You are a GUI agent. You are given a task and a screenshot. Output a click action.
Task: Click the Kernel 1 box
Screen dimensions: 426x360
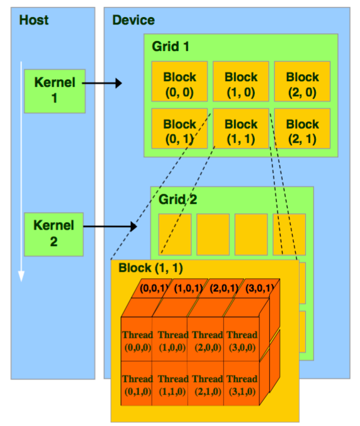(54, 91)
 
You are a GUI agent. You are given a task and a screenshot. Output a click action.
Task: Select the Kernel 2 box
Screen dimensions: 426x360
(54, 233)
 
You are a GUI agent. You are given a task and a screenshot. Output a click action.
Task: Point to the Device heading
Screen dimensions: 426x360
(133, 20)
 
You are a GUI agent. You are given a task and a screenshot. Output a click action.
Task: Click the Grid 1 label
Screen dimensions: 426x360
(170, 47)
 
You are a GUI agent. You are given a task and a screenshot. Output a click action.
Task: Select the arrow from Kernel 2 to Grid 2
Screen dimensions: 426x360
(111, 226)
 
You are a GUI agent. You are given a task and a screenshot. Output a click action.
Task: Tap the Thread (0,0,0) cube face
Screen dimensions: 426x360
(137, 340)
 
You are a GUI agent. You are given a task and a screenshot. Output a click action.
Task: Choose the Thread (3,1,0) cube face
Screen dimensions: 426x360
(242, 384)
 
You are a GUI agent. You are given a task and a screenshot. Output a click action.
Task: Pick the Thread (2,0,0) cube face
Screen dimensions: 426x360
(208, 340)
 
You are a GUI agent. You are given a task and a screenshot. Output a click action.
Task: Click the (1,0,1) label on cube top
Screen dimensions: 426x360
(188, 289)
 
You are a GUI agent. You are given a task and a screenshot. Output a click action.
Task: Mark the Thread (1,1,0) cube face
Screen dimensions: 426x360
(172, 384)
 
